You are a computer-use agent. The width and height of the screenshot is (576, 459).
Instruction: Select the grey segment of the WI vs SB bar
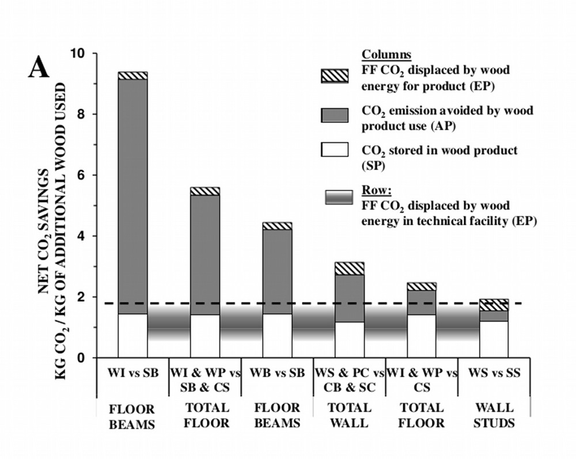point(132,196)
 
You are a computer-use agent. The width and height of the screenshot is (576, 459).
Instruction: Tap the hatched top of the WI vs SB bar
point(132,75)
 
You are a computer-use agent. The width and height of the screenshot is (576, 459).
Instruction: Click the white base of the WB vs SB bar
point(277,336)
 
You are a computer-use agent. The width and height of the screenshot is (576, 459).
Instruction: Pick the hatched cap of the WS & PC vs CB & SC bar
point(350,268)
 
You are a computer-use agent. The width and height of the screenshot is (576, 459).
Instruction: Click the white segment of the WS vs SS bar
point(494,339)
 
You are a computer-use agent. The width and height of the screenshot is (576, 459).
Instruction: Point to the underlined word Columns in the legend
point(386,55)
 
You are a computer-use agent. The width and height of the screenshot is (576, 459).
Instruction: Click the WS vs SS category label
point(494,373)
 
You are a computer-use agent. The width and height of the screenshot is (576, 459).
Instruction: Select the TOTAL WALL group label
point(350,415)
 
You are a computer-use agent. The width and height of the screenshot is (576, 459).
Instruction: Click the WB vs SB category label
point(277,373)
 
